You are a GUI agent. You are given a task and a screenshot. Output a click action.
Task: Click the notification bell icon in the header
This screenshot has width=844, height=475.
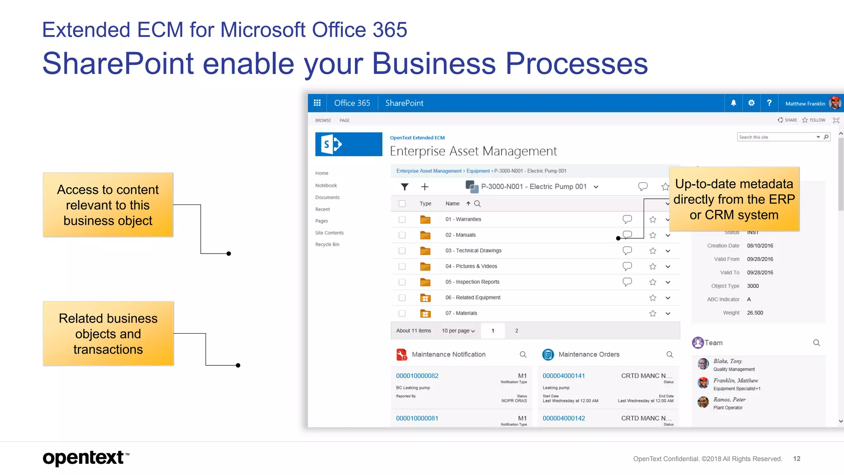coord(734,103)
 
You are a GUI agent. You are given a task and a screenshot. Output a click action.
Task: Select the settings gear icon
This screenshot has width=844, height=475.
coord(751,103)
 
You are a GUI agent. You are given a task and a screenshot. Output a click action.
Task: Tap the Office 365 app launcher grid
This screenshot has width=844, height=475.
coord(317,103)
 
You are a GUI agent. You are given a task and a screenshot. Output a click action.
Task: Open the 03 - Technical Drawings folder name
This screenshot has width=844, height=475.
coord(473,251)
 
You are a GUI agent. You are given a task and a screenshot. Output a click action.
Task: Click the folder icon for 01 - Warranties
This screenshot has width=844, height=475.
coord(425,219)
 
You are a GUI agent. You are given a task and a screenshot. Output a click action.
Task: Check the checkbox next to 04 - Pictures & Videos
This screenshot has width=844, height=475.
coord(402,266)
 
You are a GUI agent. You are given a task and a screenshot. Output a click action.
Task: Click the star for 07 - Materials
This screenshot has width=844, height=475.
coord(653,313)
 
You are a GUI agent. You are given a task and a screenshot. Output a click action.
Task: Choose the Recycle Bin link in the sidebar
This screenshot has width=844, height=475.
coord(327,245)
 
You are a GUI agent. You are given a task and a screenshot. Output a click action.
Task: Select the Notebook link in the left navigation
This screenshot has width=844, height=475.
coord(326,186)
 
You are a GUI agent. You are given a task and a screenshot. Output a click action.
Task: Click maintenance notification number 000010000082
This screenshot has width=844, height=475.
coord(417,376)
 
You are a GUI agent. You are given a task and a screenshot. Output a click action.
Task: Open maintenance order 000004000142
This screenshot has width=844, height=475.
coord(564,418)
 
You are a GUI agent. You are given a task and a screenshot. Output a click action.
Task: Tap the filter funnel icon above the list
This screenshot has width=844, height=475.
coord(405,187)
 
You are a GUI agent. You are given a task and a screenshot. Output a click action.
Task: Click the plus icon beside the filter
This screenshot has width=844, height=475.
coord(425,187)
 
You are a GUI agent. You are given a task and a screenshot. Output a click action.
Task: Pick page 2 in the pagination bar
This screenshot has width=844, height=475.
coord(516,331)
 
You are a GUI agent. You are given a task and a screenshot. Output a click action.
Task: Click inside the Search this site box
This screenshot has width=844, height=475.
coord(775,137)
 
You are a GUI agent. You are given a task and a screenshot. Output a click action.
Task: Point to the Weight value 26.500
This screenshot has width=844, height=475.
coord(755,313)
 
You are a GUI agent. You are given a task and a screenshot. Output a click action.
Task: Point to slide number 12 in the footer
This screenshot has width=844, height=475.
coord(797,459)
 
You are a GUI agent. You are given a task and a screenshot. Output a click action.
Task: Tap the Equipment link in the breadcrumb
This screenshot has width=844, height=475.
coord(478,171)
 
